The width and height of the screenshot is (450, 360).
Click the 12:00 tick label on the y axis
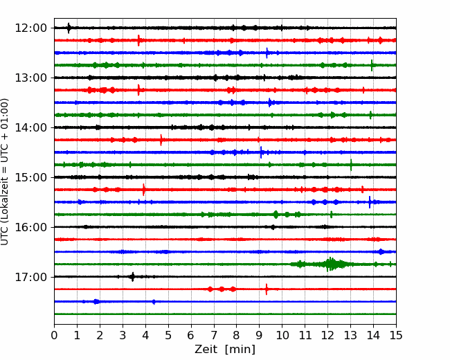pyautogui.click(x=30, y=28)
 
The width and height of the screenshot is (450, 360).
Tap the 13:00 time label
pyautogui.click(x=30, y=78)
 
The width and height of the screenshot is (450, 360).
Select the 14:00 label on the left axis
pyautogui.click(x=30, y=127)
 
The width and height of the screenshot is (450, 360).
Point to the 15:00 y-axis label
pyautogui.click(x=30, y=177)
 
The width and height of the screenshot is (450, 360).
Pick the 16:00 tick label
pyautogui.click(x=30, y=227)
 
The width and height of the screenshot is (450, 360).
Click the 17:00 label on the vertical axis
pyautogui.click(x=30, y=277)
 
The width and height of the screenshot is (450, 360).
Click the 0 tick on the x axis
pyautogui.click(x=54, y=335)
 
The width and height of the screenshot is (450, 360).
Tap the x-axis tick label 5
pyautogui.click(x=168, y=335)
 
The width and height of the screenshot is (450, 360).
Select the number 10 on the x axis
pyautogui.click(x=282, y=335)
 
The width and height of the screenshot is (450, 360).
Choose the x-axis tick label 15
pyautogui.click(x=396, y=335)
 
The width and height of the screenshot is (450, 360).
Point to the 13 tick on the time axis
pyautogui.click(x=350, y=335)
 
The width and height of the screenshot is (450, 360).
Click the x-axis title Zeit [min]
pyautogui.click(x=225, y=350)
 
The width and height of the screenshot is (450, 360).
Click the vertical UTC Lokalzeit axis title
pyautogui.click(x=5, y=172)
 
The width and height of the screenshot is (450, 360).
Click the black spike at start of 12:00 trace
pyautogui.click(x=69, y=28)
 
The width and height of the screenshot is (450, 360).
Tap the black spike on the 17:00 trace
pyautogui.click(x=133, y=277)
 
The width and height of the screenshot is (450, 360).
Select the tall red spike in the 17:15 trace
pyautogui.click(x=267, y=289)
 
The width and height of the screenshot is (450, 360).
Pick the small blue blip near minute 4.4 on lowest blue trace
pyautogui.click(x=154, y=302)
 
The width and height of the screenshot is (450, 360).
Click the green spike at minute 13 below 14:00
pyautogui.click(x=351, y=165)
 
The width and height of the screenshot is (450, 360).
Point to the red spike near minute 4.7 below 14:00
pyautogui.click(x=161, y=140)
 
